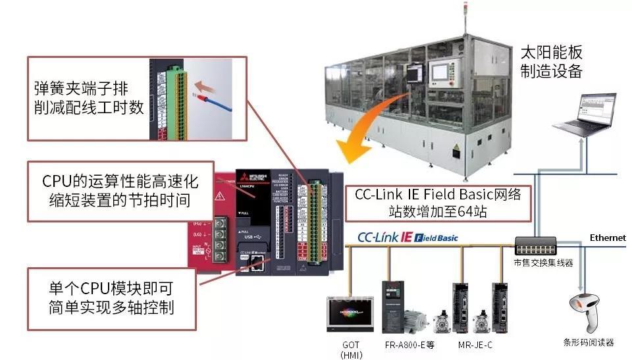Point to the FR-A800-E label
409,344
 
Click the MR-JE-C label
477,344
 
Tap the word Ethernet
607,238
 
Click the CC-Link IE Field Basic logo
408,237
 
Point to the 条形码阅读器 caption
589,342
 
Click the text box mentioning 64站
438,203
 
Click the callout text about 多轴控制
113,299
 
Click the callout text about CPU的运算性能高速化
121,190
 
